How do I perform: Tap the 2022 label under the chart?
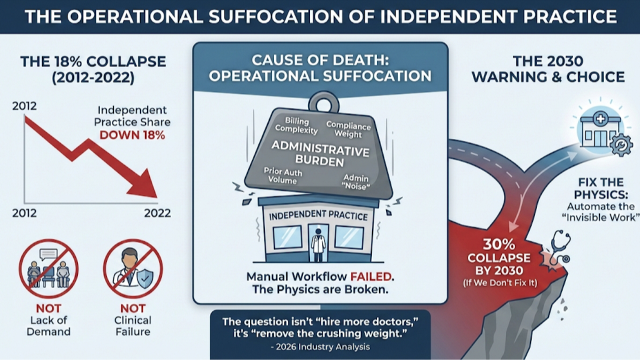(x=157, y=213)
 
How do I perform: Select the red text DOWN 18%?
(x=132, y=135)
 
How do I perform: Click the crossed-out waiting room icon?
(x=48, y=268)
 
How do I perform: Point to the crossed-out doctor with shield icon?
(x=132, y=268)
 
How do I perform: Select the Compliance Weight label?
(x=348, y=129)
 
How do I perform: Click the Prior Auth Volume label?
(x=283, y=175)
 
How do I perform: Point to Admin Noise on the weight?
(x=356, y=182)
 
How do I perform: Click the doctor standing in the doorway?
(x=317, y=245)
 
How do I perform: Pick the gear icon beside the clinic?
(x=621, y=144)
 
